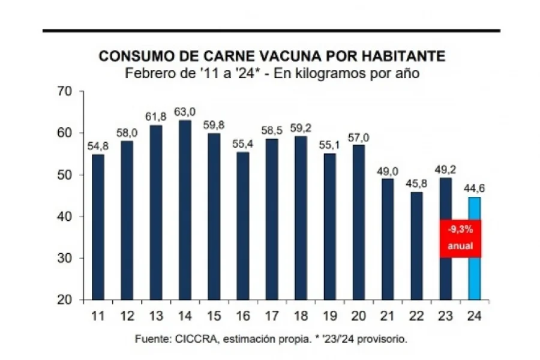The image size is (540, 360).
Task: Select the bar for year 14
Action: [185, 210]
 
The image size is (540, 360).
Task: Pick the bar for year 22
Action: [416, 246]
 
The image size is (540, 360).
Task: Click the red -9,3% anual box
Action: [460, 238]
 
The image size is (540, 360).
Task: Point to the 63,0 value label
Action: [185, 112]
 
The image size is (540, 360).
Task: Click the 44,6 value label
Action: [475, 189]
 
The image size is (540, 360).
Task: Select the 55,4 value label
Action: [243, 144]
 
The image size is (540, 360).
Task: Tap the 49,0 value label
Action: [388, 170]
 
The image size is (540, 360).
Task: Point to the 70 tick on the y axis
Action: [64, 91]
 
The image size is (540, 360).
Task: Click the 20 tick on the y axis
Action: [64, 300]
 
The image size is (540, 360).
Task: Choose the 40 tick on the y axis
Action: [64, 217]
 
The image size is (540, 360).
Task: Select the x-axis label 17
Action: [272, 315]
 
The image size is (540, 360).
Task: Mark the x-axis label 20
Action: [359, 315]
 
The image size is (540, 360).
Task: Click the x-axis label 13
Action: [156, 315]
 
